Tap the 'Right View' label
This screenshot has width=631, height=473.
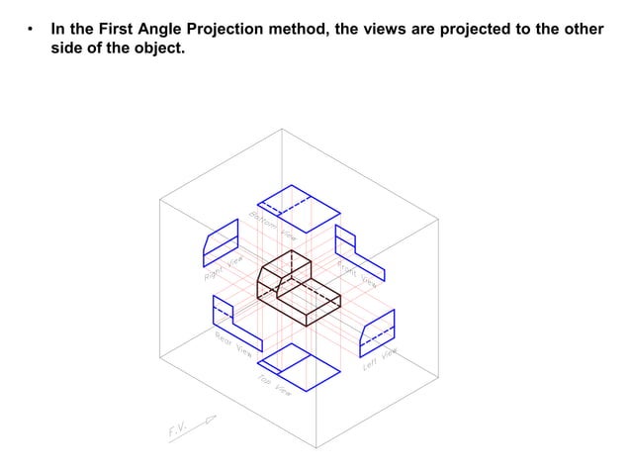(x=223, y=268)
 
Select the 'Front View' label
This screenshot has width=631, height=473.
(x=357, y=273)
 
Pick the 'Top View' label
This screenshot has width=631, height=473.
(x=274, y=385)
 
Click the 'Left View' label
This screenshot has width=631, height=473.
(x=380, y=358)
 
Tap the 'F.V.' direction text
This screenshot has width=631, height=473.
(x=178, y=430)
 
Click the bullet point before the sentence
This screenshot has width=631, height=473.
(x=32, y=30)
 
